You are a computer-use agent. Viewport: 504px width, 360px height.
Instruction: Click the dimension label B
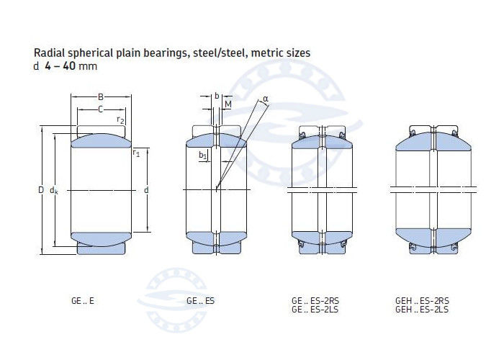pos(101,96)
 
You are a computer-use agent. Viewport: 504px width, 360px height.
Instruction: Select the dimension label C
pos(101,109)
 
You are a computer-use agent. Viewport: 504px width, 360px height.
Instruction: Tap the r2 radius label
pos(120,120)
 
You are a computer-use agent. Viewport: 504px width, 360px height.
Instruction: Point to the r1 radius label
pos(136,153)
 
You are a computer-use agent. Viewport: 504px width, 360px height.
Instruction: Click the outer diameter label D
pos(41,190)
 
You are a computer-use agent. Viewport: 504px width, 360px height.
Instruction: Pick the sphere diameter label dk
pos(54,191)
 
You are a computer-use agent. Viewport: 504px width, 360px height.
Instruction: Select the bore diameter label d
pos(146,190)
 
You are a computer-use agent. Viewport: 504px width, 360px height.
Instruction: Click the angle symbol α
pos(266,99)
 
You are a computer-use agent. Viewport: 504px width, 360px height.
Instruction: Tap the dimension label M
pos(228,104)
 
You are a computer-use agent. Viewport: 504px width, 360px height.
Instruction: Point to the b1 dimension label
pos(202,156)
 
